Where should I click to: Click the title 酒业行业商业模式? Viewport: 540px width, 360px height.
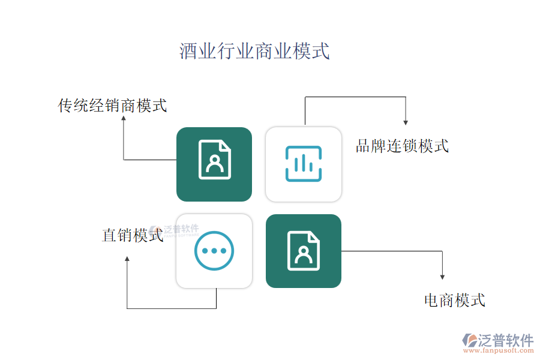[254, 51]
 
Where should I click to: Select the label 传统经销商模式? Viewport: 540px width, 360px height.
[112, 106]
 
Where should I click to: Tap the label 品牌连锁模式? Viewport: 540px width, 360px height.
[402, 146]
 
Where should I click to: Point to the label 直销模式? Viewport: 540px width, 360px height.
[133, 235]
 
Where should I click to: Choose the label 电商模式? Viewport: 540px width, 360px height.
[454, 300]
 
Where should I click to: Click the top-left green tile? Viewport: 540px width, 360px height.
[214, 164]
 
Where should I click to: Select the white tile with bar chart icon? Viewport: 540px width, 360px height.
[304, 164]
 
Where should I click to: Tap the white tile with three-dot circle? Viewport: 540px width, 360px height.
[214, 251]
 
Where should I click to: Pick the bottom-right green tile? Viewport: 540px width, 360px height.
[304, 251]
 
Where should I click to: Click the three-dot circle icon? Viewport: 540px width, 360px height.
[214, 251]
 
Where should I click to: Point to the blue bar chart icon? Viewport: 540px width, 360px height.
[304, 164]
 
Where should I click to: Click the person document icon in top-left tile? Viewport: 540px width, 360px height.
[214, 160]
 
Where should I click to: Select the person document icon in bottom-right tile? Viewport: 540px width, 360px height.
[304, 251]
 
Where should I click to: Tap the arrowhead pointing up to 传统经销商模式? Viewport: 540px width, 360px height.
[124, 118]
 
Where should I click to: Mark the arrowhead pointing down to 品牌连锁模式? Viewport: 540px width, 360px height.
[406, 122]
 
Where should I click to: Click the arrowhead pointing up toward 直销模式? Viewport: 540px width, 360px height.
[127, 259]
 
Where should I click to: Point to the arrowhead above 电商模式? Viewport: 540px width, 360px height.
[442, 277]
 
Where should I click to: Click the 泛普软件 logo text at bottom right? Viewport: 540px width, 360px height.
[505, 340]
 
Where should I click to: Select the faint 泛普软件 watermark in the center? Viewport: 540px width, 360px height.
[175, 230]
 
